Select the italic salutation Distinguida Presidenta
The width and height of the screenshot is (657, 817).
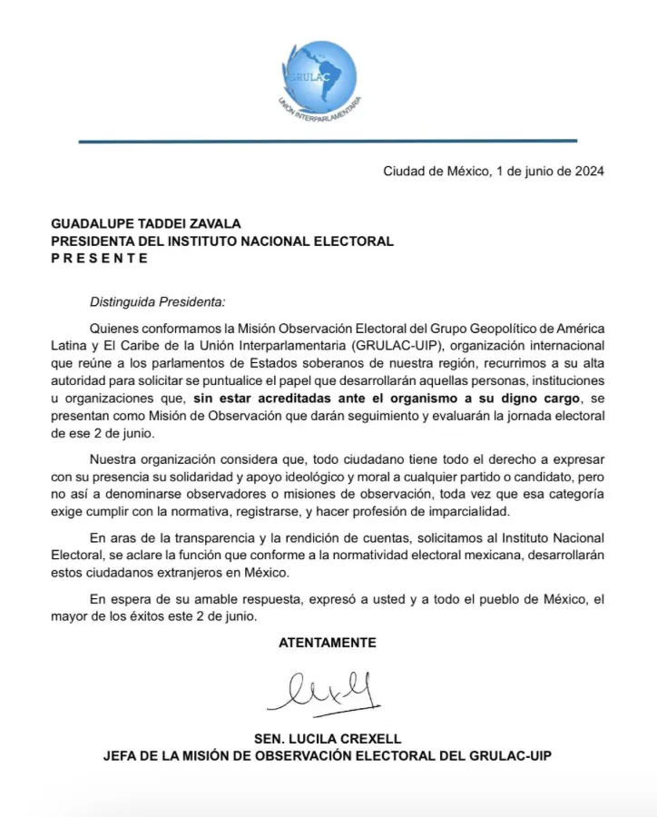(x=157, y=300)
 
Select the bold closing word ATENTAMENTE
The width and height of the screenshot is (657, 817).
(x=328, y=642)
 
